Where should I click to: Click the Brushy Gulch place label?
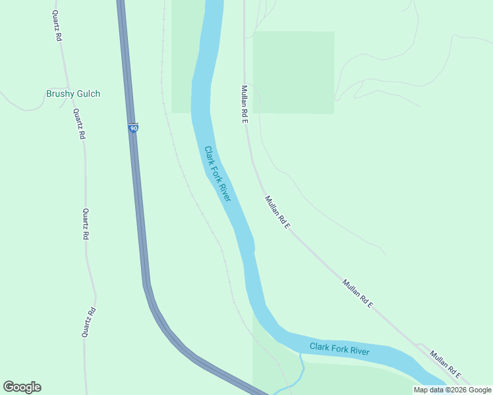pos(72,93)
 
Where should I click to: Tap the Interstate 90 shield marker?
pos(133,128)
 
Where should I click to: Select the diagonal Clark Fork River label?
pos(217,174)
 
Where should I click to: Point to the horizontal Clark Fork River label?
pos(339,348)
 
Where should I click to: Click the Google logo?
pos(22,387)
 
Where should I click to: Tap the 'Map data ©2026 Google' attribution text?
pos(453,390)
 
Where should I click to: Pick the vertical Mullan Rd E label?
pos(244,104)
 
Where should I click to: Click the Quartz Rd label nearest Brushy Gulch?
pos(79,123)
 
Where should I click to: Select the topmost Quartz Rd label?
pos(57,26)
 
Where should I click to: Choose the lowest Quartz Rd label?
pos(89,322)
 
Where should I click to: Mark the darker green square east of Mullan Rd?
pos(293,72)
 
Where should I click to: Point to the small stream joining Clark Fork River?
pos(301,369)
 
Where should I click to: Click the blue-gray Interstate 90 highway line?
pos(140,217)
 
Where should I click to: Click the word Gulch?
pos(88,93)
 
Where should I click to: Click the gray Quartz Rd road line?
pos(86,263)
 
